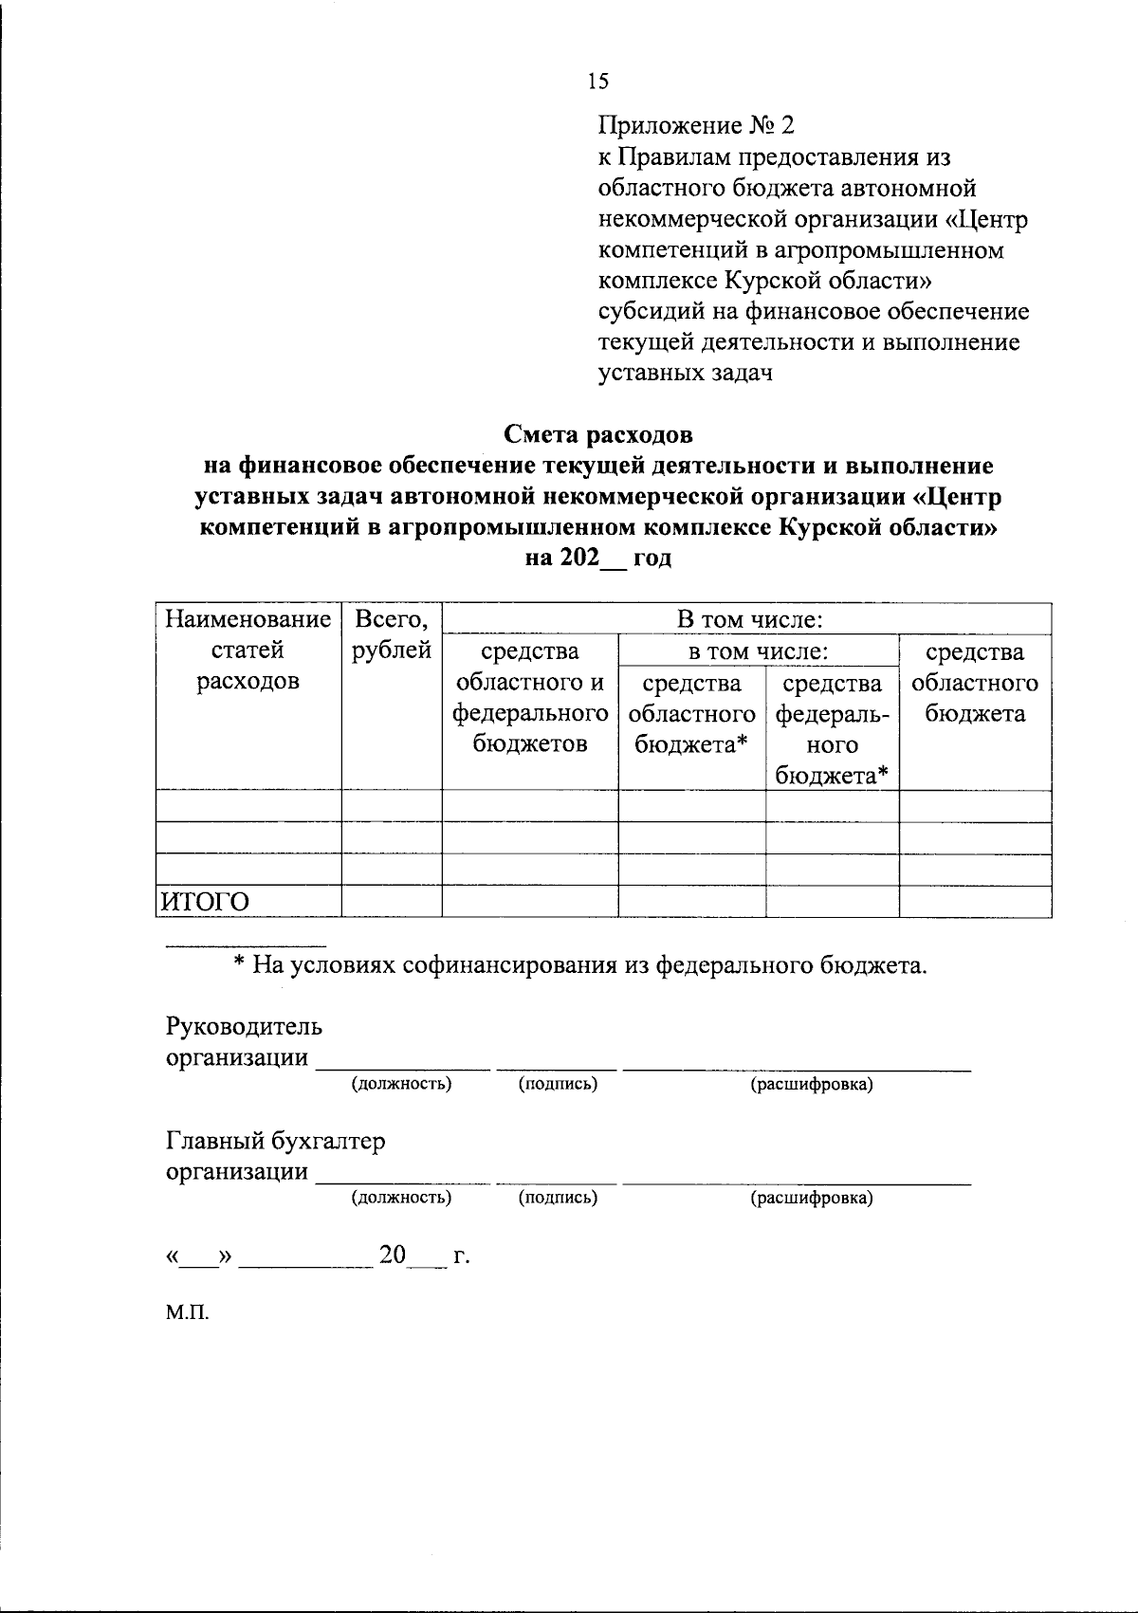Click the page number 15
tap(598, 82)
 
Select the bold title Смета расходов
tap(598, 435)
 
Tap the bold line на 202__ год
tap(598, 558)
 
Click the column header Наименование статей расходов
tap(248, 651)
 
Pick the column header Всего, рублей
tap(392, 635)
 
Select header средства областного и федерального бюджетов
tap(529, 698)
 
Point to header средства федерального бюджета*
tap(832, 728)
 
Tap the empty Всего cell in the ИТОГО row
tap(392, 902)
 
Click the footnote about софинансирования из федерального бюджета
tap(580, 966)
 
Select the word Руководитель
tap(245, 1027)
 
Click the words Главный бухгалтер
tap(276, 1141)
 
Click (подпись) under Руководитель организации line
tap(558, 1084)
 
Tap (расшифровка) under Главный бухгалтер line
tap(812, 1199)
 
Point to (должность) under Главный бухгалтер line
tap(401, 1198)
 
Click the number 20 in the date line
tap(393, 1256)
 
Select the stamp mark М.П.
tap(187, 1313)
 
